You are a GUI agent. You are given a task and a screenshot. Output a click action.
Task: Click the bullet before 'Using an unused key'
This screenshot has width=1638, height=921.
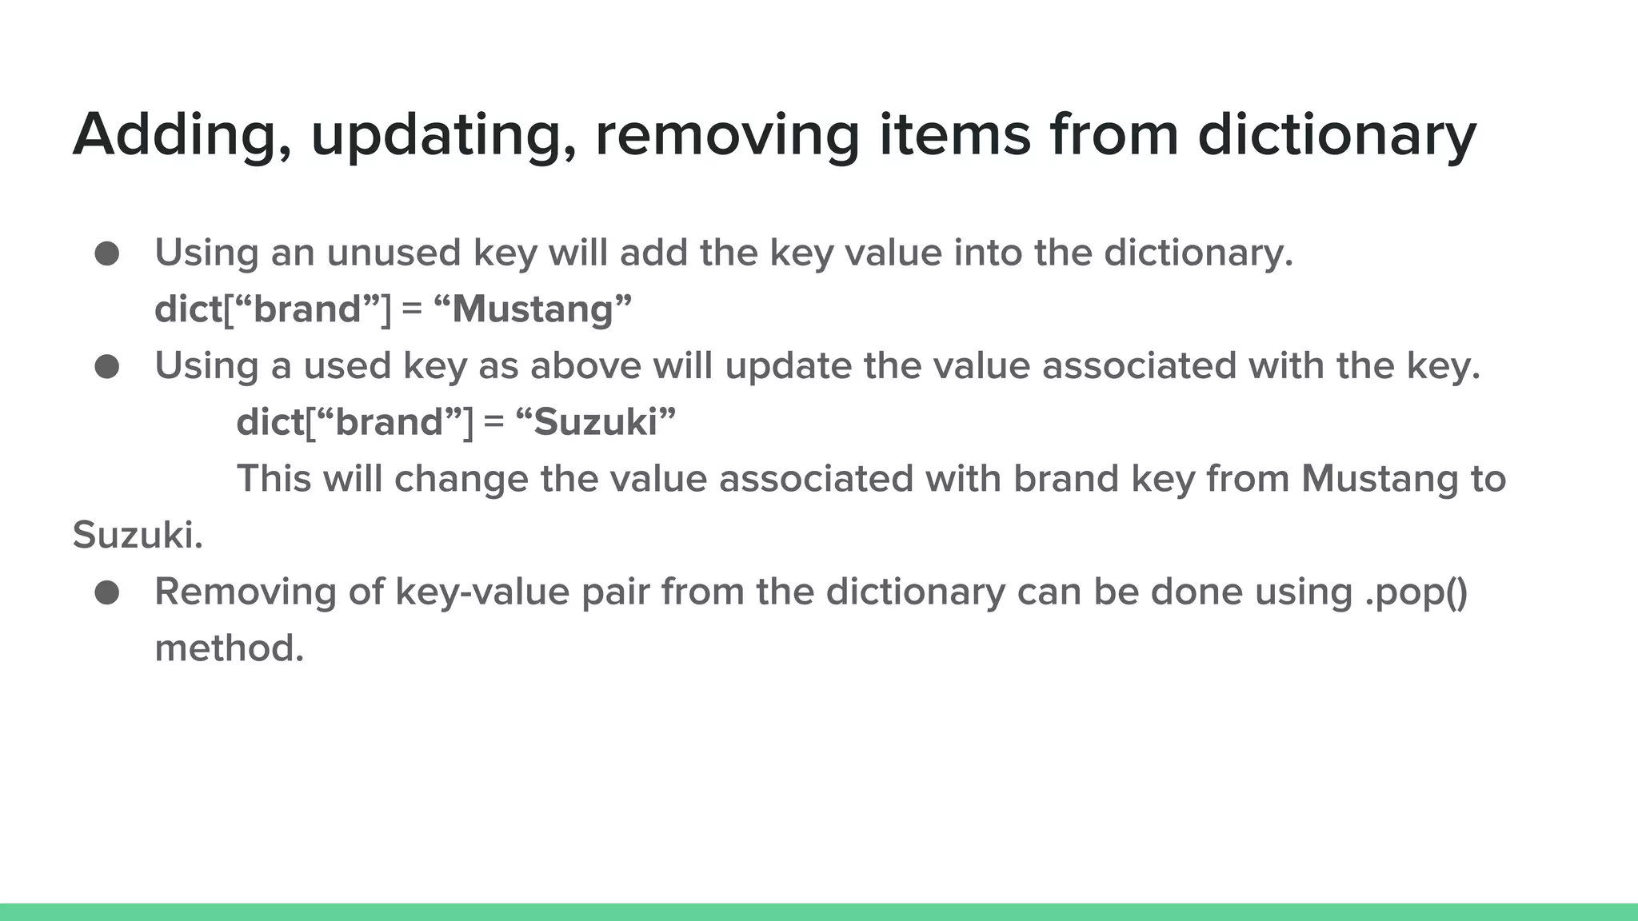pyautogui.click(x=107, y=254)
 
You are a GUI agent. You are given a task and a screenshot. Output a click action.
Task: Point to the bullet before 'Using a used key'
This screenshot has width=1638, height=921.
pyautogui.click(x=107, y=367)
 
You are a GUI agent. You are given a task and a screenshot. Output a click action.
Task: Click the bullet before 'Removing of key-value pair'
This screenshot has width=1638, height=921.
pyautogui.click(x=107, y=593)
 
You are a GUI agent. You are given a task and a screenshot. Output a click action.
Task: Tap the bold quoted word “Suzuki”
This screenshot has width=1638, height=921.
pyautogui.click(x=596, y=422)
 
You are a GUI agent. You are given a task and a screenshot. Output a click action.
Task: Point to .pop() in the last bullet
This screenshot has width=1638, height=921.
pyautogui.click(x=1416, y=592)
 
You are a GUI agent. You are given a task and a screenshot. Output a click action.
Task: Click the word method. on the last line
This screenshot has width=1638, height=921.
pyautogui.click(x=230, y=648)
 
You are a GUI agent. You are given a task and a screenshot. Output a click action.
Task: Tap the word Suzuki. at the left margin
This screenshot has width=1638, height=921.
pyautogui.click(x=138, y=536)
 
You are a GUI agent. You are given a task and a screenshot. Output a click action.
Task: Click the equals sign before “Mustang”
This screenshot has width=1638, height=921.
pyautogui.click(x=412, y=309)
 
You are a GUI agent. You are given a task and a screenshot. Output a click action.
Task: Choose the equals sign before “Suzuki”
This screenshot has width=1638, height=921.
pyautogui.click(x=494, y=422)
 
